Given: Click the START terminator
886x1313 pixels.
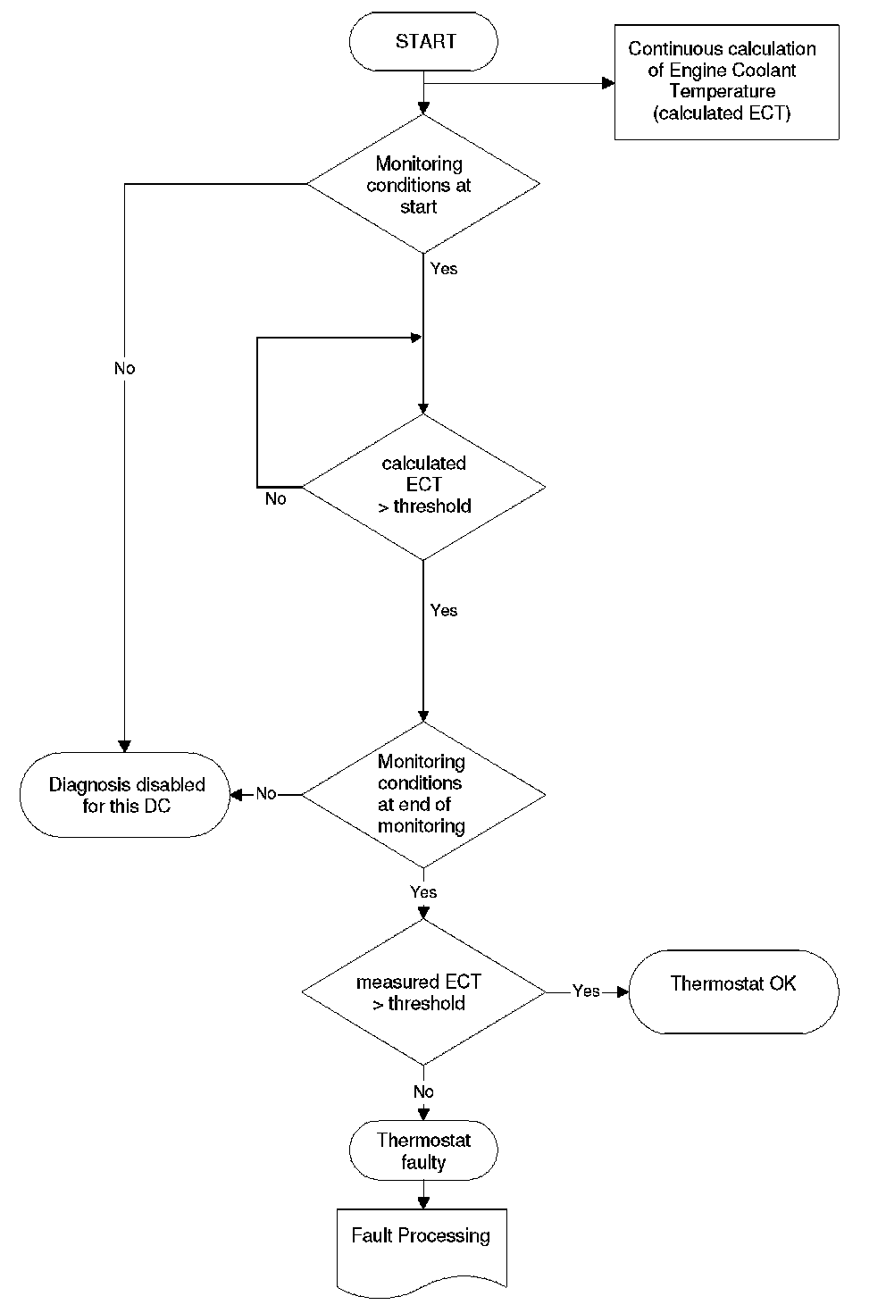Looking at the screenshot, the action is coord(423,42).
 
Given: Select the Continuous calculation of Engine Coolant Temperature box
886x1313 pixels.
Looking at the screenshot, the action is coord(727,82).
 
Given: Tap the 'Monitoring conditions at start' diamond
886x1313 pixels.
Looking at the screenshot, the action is coord(423,184).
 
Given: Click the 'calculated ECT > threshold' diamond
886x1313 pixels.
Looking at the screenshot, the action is coord(423,487).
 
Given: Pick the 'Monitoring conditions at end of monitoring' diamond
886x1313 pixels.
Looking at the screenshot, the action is coord(423,795).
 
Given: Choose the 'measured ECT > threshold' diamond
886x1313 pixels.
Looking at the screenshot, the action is coord(423,992).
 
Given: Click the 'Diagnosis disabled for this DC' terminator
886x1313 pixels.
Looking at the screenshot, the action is coord(125,795).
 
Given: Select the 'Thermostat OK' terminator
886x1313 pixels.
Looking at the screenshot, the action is coord(733,991).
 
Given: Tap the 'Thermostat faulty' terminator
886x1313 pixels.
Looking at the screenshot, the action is coord(423,1150).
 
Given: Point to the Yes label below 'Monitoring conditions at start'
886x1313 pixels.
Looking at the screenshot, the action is coord(444,269).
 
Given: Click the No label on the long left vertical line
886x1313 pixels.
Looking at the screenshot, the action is coord(125,368).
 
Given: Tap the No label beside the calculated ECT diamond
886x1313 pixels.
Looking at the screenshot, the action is coord(275,498).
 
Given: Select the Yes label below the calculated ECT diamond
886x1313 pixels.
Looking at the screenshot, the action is coord(444,610).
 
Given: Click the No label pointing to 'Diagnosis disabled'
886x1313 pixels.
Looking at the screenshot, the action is coord(266,794).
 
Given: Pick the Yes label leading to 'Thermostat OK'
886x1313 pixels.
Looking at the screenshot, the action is coord(586,991).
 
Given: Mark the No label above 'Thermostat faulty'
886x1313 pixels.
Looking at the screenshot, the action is coord(423,1091).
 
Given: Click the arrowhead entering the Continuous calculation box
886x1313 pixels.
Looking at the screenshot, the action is coord(608,83).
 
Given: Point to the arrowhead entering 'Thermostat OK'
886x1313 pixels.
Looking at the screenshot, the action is coord(623,992).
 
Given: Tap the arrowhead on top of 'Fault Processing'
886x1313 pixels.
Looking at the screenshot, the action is coord(423,1203).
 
